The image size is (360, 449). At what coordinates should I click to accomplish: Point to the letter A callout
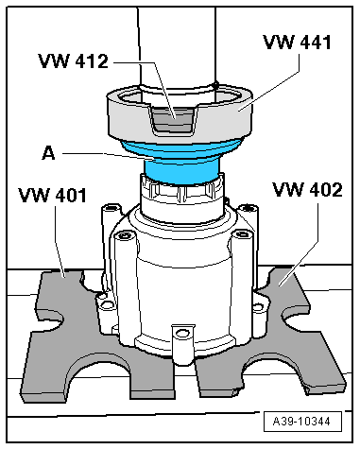tap(47, 150)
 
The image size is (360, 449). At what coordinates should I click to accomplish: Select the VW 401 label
tap(52, 198)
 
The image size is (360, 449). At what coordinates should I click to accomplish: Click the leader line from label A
tap(94, 152)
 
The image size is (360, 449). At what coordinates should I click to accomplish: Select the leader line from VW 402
tap(298, 236)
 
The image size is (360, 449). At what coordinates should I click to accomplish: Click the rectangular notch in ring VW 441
tap(174, 119)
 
